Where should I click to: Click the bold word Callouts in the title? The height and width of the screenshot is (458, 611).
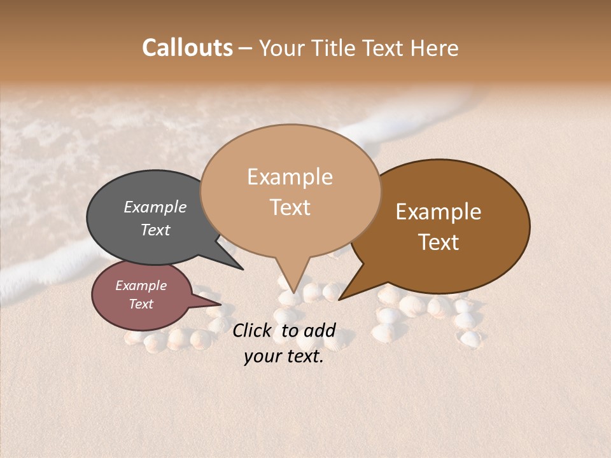pyautogui.click(x=187, y=48)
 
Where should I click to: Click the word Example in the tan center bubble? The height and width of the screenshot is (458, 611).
pyautogui.click(x=290, y=177)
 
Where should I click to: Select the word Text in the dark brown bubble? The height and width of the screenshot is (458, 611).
pyautogui.click(x=439, y=242)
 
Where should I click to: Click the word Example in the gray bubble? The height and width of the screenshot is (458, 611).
pyautogui.click(x=155, y=207)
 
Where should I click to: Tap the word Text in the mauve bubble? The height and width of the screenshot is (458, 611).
pyautogui.click(x=141, y=304)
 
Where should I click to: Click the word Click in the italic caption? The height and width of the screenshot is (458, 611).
pyautogui.click(x=253, y=330)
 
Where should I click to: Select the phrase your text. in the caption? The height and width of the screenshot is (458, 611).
pyautogui.click(x=283, y=356)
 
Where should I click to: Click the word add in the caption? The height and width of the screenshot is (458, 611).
pyautogui.click(x=319, y=330)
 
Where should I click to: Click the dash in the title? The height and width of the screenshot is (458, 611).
pyautogui.click(x=246, y=48)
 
